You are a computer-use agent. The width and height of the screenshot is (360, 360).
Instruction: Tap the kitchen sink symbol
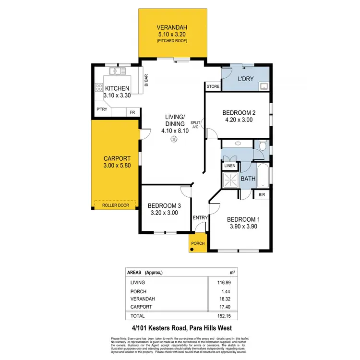(x=116, y=72)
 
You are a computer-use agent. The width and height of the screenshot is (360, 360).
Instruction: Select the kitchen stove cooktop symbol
(x=99, y=87)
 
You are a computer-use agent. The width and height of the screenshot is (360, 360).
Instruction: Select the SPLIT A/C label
(x=195, y=125)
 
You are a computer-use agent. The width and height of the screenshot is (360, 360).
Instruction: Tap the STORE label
(x=213, y=87)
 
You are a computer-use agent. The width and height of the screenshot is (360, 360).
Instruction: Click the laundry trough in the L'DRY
(x=264, y=86)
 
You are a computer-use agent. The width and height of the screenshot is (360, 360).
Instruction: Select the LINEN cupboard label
(x=229, y=166)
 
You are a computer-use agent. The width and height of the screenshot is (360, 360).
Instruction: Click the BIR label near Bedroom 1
(x=262, y=194)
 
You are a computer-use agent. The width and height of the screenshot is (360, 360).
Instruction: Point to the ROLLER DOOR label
(x=116, y=205)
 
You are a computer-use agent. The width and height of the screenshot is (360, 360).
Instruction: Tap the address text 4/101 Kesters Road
(x=158, y=328)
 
